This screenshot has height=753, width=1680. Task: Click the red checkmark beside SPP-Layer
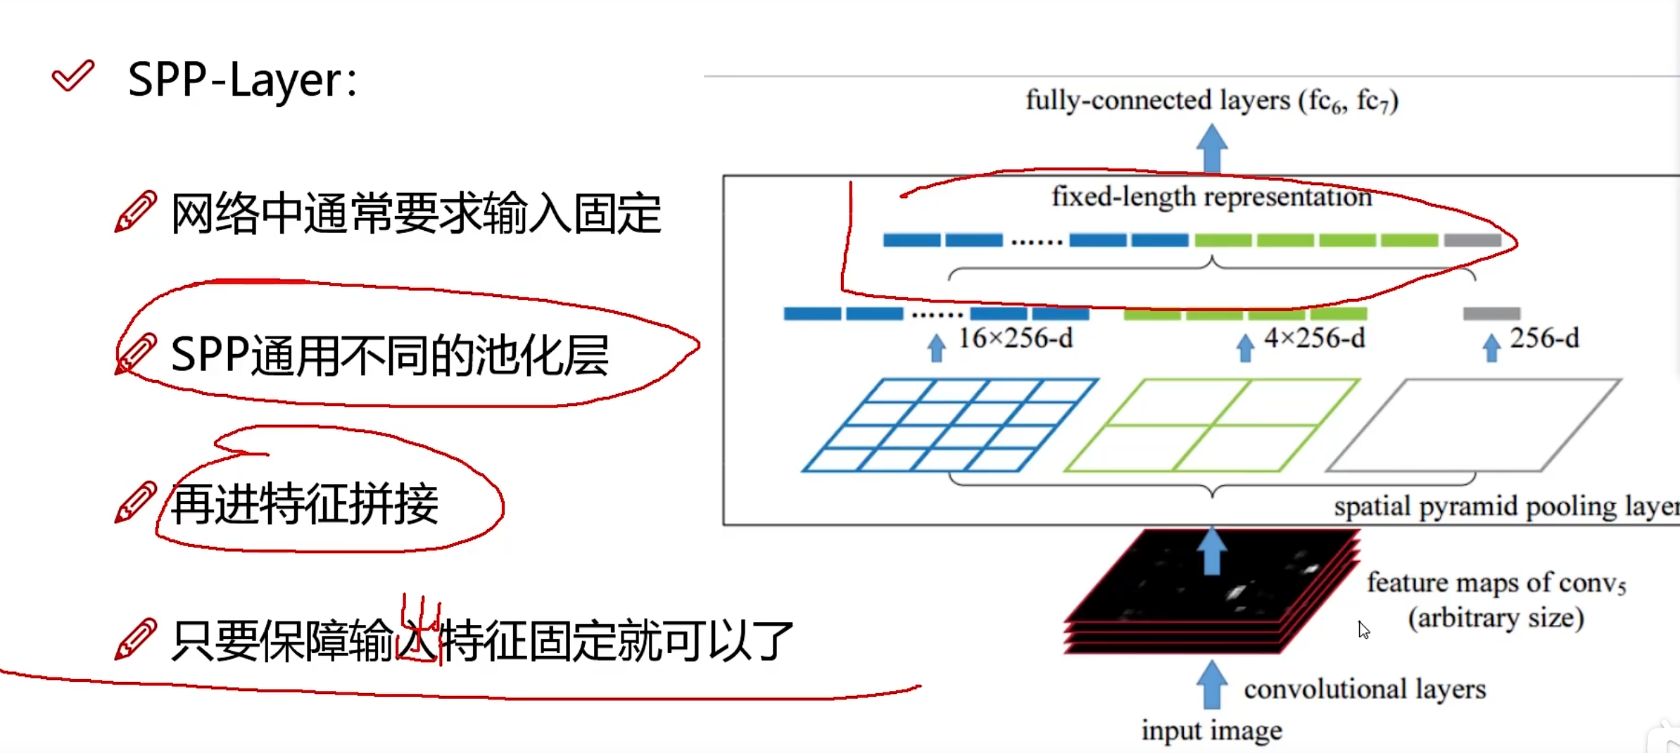[x=72, y=75]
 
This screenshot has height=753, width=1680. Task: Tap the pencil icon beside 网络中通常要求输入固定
[x=135, y=211]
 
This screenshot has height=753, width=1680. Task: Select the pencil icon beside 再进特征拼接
[x=135, y=502]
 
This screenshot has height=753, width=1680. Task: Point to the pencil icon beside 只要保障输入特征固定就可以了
[x=135, y=639]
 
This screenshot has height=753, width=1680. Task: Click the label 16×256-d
[x=1015, y=339]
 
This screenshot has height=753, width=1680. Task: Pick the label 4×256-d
[x=1314, y=339]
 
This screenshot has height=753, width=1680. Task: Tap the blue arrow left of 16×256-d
[x=936, y=348]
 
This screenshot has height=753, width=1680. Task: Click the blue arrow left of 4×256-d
[x=1245, y=348]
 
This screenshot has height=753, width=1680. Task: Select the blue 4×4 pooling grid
[x=950, y=425]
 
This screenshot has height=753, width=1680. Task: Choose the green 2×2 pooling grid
[x=1212, y=425]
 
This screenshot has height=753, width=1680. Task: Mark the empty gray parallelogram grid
[x=1474, y=425]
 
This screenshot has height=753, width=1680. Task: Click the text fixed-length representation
[x=1211, y=197]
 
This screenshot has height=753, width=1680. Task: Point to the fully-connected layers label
[x=1211, y=101]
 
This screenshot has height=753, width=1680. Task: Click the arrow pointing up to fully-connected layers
[x=1211, y=147]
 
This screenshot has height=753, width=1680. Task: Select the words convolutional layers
[x=1365, y=690]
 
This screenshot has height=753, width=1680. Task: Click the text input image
[x=1211, y=731]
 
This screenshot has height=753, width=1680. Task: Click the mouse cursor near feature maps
[x=1363, y=630]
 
